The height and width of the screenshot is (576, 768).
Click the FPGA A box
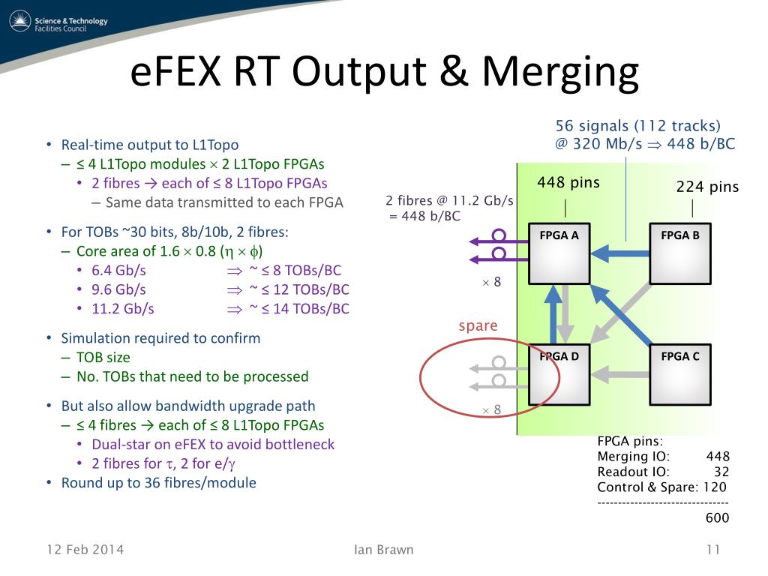[x=559, y=253]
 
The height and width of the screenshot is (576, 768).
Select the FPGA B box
[x=679, y=253]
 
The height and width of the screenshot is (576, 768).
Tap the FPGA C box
[x=679, y=374]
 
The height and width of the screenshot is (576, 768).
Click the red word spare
[x=478, y=325]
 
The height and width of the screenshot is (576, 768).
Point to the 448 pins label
[x=568, y=182]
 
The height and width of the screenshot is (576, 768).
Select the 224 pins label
[x=707, y=187]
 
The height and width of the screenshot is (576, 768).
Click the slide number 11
[x=712, y=550]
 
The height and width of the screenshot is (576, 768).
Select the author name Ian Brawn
[x=383, y=550]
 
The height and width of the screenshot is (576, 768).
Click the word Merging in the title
[x=559, y=73]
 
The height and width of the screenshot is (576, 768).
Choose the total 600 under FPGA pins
[x=716, y=517]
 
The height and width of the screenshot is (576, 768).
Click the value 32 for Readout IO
[x=721, y=472]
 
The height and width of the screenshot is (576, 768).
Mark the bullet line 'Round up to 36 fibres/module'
[x=158, y=483]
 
